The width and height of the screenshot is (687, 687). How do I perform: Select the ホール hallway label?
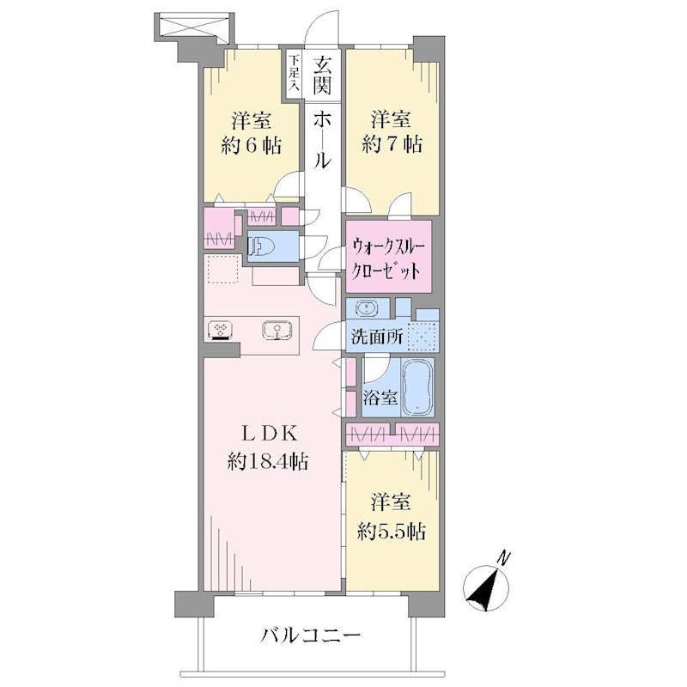pos(322,139)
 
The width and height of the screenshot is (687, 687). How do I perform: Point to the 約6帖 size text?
pos(252,145)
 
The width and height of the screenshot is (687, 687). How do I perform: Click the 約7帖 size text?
pos(392,144)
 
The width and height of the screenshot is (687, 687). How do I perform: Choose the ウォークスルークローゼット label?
pos(387,259)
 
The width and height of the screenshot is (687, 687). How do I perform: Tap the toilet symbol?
pos(261,246)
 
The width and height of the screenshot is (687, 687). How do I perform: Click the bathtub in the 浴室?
pos(417,387)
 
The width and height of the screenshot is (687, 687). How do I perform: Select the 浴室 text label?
pos(380,398)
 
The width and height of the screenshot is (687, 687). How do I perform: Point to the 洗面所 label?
pos(377,337)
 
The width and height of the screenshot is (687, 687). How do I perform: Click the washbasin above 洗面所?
pos(367,308)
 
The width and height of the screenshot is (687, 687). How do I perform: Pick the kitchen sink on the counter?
pos(277,331)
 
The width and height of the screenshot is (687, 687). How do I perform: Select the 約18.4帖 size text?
pos(267,461)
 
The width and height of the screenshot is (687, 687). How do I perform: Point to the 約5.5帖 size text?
pos(392,532)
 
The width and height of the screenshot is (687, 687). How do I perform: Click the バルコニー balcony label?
pos(311,635)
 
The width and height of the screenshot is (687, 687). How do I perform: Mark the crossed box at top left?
pos(193,27)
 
